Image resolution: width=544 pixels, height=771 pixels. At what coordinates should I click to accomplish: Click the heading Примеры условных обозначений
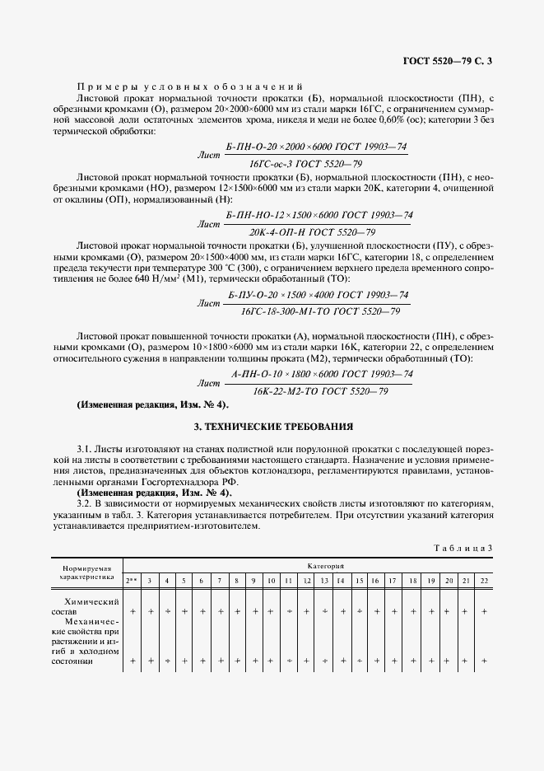pos(189,86)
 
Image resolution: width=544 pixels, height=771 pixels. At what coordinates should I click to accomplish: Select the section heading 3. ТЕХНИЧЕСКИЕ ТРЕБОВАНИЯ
pos(272,427)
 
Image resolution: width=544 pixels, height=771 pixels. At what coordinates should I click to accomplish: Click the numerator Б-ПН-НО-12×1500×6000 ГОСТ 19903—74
pos(318,215)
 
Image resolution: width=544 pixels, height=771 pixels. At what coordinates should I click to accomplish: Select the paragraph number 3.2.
pos(85,502)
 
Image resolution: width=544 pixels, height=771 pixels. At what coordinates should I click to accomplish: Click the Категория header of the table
pos(325,567)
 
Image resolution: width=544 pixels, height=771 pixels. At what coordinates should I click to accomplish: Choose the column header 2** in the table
pos(131,581)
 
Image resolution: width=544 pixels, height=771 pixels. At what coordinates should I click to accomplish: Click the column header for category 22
pos(484,581)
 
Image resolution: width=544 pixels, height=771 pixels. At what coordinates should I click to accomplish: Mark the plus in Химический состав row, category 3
pos(150,612)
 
